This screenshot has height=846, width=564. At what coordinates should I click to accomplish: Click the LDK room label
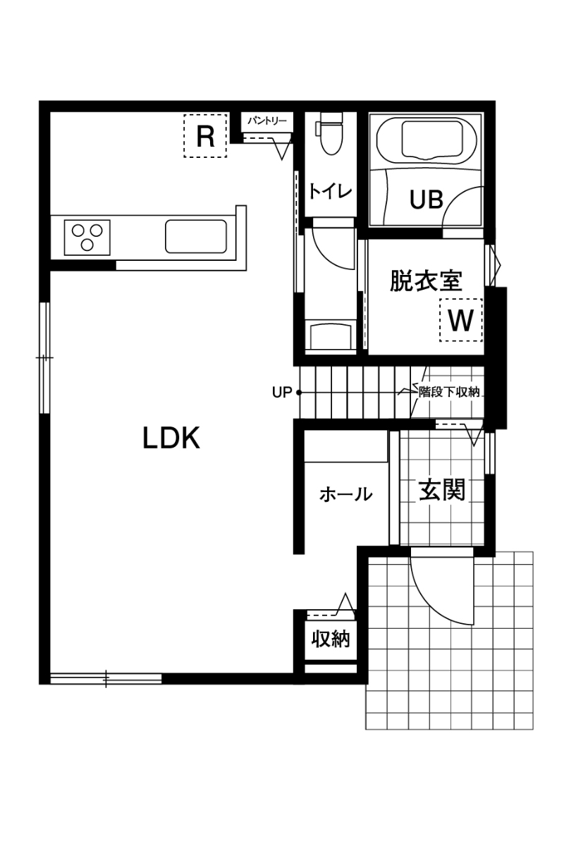[x=171, y=438]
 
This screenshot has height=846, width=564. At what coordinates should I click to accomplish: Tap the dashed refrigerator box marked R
[x=205, y=135]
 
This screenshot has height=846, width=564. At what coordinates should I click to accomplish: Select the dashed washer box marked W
[x=461, y=320]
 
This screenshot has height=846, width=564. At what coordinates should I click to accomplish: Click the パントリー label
[x=267, y=121]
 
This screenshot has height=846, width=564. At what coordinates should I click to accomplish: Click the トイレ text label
[x=330, y=192]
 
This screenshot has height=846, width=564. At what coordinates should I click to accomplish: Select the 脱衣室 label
[x=426, y=281]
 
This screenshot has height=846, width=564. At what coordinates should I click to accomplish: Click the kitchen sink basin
[x=196, y=237]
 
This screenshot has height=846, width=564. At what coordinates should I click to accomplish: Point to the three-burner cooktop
[x=87, y=237]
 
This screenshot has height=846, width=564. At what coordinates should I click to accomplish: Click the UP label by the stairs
[x=282, y=393]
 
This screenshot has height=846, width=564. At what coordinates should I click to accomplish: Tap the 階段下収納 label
[x=449, y=393]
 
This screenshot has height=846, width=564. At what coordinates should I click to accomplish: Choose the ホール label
[x=346, y=494]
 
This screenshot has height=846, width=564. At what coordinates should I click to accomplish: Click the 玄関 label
[x=442, y=489]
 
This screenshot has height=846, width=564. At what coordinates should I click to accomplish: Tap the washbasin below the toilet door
[x=331, y=336]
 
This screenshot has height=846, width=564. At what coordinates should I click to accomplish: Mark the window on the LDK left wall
[x=45, y=357]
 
